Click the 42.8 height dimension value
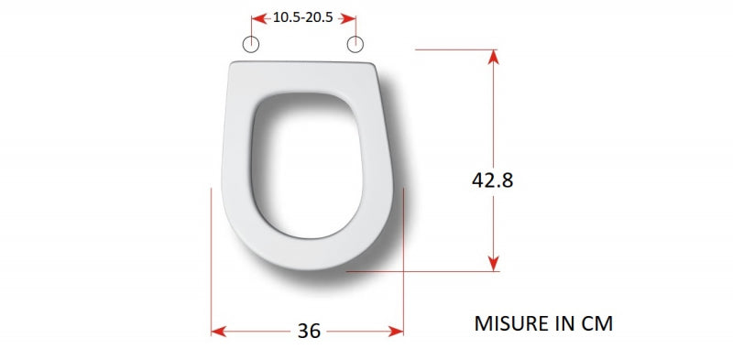coord(492,180)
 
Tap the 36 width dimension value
coord(309,332)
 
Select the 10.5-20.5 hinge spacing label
coord(303,17)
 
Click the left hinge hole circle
coord(251,44)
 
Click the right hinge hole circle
coord(356,44)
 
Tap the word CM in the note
coord(596,323)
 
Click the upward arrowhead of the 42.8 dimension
coord(493,57)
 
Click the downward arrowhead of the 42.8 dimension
coord(493,263)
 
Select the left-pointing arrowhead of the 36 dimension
coord(219,332)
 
